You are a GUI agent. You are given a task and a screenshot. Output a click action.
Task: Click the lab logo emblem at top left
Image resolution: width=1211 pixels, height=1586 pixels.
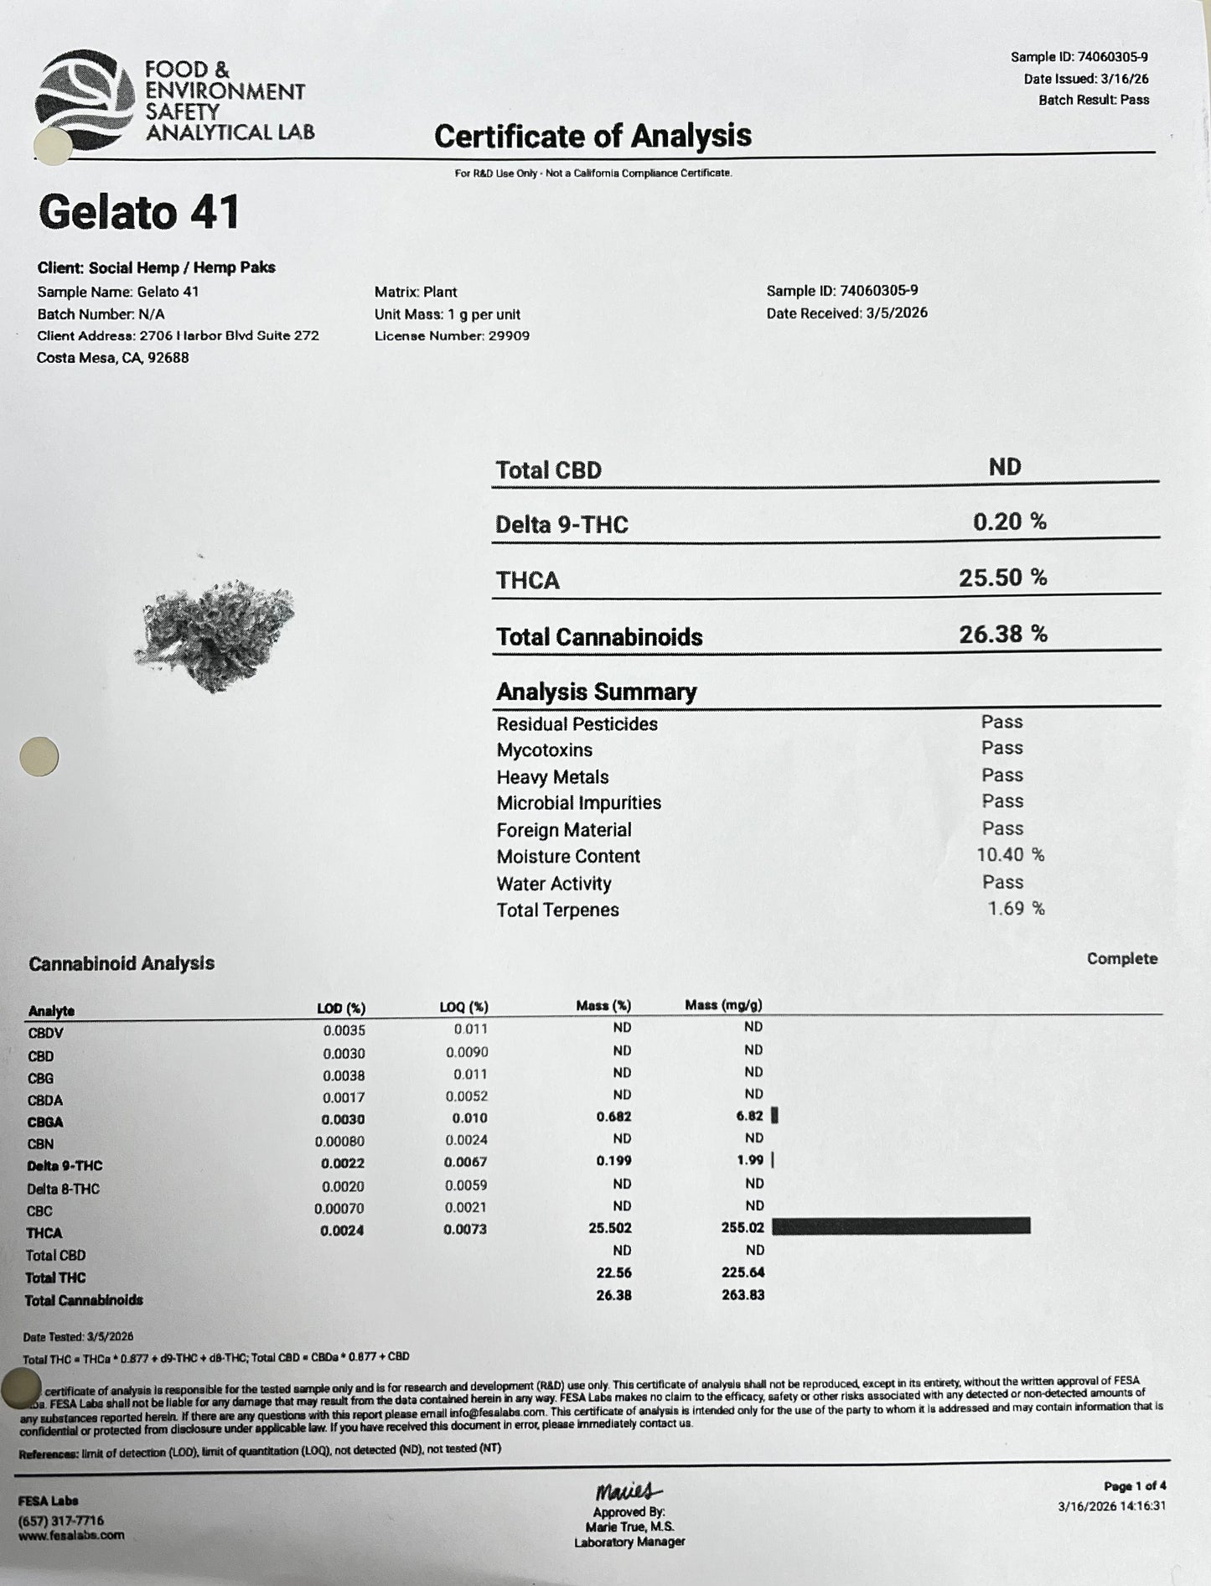[x=85, y=99]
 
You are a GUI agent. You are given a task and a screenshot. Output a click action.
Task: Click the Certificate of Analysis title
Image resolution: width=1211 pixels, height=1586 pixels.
[x=593, y=136]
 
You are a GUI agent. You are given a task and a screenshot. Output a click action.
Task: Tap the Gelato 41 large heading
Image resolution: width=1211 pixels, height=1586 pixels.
[x=139, y=211]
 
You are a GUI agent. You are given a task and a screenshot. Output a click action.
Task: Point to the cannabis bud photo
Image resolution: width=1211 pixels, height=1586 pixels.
[x=215, y=635]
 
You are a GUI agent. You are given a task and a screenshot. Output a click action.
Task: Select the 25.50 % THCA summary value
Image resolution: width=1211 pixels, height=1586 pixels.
[x=1002, y=578]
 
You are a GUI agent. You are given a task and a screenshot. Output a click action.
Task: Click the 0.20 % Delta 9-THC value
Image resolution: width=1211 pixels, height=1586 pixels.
[x=1009, y=522]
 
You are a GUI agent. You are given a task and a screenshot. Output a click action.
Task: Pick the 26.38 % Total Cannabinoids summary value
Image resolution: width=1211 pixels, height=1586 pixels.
[x=1002, y=634]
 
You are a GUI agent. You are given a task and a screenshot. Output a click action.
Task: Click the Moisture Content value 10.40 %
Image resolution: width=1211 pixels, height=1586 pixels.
[x=1010, y=855]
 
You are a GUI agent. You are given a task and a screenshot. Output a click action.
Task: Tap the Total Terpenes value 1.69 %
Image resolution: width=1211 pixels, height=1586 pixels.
[x=1016, y=909]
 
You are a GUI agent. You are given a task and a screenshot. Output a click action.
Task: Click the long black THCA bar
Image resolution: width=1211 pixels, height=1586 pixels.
[x=901, y=1226]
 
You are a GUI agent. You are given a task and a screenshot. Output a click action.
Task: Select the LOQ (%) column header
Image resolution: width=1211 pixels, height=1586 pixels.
[x=463, y=1007]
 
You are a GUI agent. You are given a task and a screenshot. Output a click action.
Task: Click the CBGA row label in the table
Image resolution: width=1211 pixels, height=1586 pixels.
[x=45, y=1122]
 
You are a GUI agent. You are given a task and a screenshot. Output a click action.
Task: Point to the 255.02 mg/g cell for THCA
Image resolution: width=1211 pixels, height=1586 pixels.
[x=742, y=1227]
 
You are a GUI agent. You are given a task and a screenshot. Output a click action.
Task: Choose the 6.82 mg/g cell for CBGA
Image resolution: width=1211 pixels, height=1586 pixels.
[x=748, y=1116]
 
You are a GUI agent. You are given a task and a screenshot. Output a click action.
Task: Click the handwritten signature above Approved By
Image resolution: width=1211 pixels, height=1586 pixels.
[x=629, y=1491]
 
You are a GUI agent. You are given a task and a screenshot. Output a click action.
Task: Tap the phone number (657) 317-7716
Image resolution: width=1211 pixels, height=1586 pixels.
[x=61, y=1521]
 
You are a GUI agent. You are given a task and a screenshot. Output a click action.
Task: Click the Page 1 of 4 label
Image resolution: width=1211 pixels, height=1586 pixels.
[x=1135, y=1486]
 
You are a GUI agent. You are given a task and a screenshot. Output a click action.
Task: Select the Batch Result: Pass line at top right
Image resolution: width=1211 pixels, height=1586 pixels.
[x=1094, y=100]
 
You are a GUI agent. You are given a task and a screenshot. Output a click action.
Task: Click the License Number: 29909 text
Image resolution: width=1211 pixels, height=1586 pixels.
[x=452, y=336]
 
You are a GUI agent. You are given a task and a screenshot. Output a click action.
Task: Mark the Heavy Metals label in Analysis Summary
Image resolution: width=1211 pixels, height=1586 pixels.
[x=552, y=777]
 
